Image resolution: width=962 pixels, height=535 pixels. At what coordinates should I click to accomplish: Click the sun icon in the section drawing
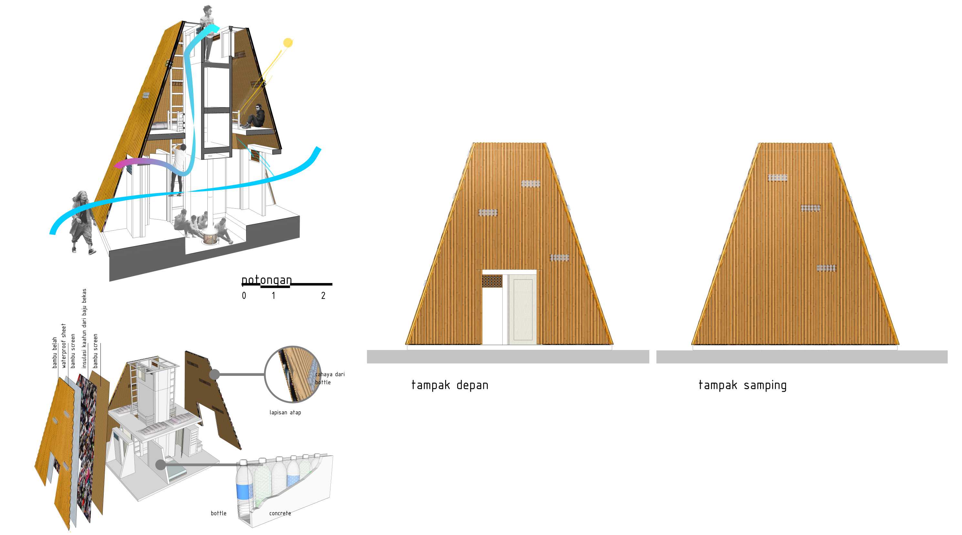(288, 43)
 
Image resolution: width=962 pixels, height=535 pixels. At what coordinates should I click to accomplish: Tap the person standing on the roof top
(206, 34)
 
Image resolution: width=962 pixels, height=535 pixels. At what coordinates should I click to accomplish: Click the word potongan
(267, 280)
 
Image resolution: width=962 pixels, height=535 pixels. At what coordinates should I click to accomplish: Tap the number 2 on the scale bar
(323, 296)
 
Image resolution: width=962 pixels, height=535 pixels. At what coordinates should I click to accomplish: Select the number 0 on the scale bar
(244, 296)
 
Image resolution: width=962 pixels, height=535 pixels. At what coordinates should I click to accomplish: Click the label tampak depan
(450, 385)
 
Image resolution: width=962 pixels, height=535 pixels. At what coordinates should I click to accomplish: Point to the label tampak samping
(742, 385)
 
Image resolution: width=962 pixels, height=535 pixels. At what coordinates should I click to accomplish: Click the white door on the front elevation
(522, 309)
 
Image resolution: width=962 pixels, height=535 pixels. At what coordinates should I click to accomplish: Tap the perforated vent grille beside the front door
(492, 281)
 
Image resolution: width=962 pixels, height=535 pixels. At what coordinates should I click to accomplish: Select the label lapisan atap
(285, 412)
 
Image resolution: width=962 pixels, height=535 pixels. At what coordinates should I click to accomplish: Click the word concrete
(280, 513)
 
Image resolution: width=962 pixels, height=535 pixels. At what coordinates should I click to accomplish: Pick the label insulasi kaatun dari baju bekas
(84, 328)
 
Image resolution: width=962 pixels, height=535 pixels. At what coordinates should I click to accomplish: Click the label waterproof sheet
(64, 346)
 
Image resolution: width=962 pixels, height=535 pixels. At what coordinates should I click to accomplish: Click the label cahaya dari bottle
(330, 378)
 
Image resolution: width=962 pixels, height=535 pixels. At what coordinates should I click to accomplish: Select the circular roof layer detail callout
(293, 374)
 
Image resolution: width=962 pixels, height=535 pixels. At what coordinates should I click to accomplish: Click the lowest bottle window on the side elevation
(826, 268)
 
